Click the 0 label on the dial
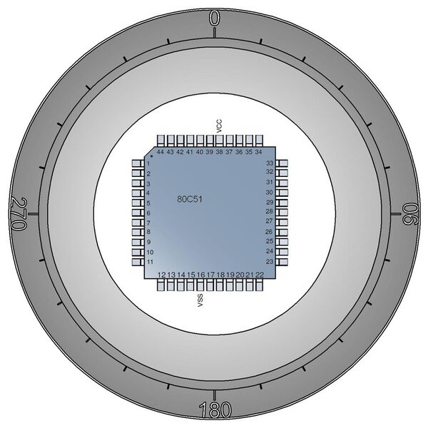click(214, 19)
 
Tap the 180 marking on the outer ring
click(214, 410)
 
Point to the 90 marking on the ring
click(409, 214)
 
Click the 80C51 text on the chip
click(190, 200)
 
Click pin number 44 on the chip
click(161, 153)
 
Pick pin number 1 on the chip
click(148, 164)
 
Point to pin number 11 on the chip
click(150, 263)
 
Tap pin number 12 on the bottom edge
click(162, 275)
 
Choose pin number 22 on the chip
click(260, 275)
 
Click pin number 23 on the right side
click(270, 262)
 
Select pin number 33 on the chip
click(270, 163)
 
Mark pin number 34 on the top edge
click(258, 153)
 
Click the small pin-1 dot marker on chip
click(151, 157)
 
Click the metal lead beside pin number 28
click(282, 212)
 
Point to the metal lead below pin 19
click(230, 286)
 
